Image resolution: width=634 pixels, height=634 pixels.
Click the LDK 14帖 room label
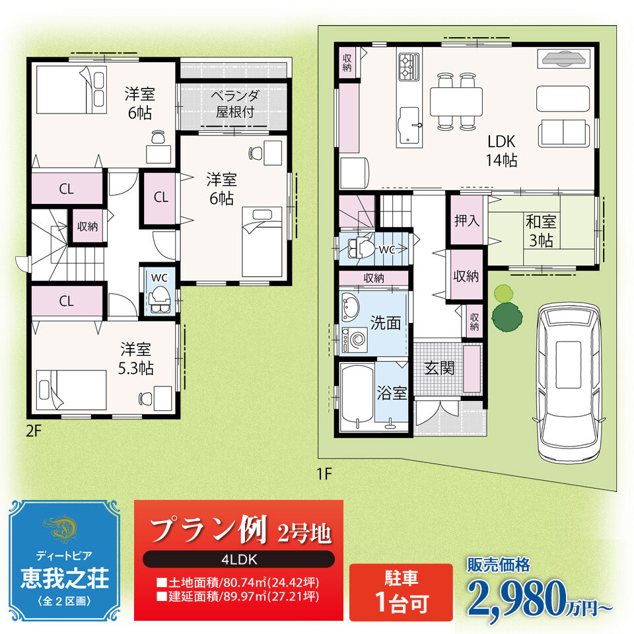[x=501, y=151]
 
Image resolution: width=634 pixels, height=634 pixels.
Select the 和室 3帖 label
[x=541, y=231]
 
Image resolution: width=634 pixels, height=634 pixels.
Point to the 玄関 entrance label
[x=439, y=368]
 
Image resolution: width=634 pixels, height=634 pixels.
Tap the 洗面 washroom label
[x=385, y=323]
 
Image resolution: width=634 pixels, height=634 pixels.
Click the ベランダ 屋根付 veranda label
[x=235, y=104]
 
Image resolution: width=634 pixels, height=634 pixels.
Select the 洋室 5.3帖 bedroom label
[x=135, y=359]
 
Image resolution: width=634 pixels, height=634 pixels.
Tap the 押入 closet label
[x=467, y=221]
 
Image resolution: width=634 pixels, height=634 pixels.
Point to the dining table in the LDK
[x=456, y=101]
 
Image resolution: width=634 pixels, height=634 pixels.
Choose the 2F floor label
[x=34, y=431]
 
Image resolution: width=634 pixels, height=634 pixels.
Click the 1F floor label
[x=324, y=474]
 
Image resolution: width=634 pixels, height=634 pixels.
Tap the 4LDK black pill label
[x=238, y=559]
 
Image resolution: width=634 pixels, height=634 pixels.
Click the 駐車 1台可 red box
[x=401, y=592]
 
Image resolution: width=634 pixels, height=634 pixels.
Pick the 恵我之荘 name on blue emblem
[x=65, y=579]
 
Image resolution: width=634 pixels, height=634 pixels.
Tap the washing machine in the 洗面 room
[x=355, y=339]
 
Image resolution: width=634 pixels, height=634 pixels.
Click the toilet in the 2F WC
[x=159, y=300]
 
